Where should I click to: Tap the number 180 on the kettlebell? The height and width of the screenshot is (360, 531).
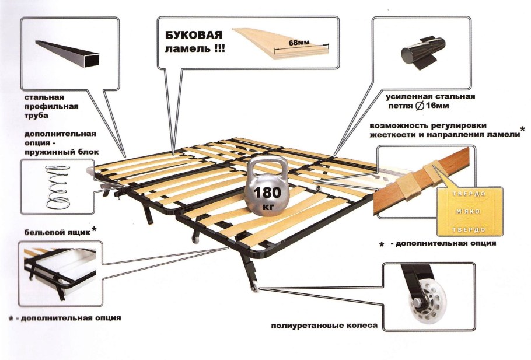pos(267,193)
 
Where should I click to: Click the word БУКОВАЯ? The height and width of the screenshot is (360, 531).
pos(194,35)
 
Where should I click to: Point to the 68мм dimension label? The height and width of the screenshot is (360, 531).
pos(299,43)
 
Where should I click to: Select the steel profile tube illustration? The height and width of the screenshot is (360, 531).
pos(67,54)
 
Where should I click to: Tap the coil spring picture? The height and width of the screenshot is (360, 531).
pos(58,187)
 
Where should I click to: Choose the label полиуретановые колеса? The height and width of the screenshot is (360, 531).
pos(324,326)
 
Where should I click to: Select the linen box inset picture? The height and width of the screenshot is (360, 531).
pos(60,274)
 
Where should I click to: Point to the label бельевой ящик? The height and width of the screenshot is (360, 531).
pos(57,233)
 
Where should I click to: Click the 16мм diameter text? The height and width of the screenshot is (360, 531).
pos(437,106)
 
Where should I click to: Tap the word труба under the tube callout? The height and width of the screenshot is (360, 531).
pos(36,116)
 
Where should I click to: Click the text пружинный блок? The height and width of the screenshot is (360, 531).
pos(61,152)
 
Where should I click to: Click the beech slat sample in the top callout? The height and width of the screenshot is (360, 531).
pos(281,43)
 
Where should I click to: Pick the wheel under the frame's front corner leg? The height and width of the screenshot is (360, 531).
pos(254,287)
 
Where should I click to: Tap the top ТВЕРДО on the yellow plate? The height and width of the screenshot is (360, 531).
pos(469,194)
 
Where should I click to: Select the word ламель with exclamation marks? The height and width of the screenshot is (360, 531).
pos(194,49)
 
